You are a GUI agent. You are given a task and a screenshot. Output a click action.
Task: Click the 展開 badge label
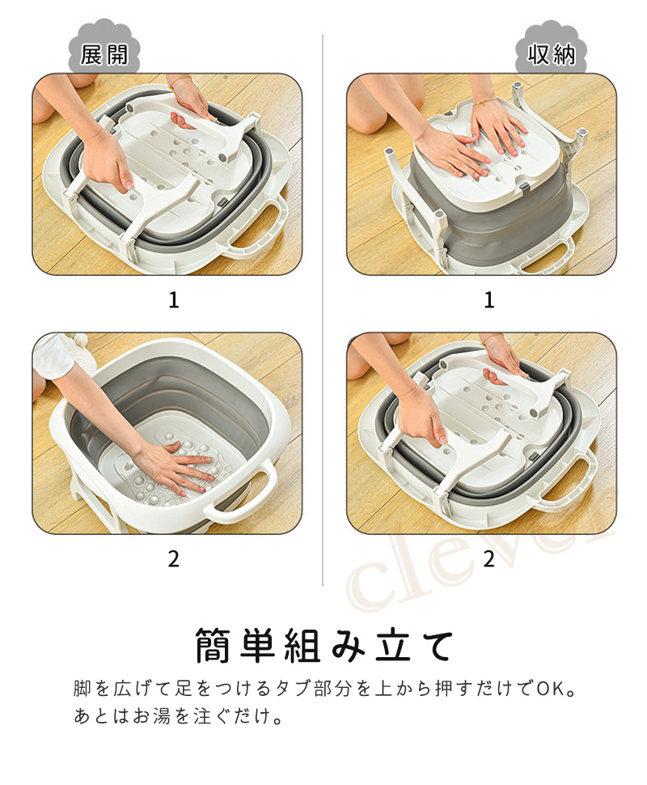pos(104,54)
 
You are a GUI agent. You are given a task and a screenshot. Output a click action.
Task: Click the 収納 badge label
pos(551,54)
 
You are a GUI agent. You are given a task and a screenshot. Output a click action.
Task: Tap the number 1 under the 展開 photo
pos(174,300)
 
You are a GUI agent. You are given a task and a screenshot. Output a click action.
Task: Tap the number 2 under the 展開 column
pos(174,559)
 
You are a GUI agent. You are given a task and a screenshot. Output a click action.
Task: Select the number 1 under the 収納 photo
pos(489,300)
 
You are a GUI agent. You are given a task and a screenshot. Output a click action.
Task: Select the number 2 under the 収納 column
pos(489,559)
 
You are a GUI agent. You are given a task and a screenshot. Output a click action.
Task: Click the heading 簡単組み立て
pos(324,646)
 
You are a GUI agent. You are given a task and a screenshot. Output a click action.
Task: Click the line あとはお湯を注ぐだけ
pos(179,716)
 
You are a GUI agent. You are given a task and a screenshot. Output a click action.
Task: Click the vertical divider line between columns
pos(323,311)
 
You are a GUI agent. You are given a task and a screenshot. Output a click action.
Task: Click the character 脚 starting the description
pos(82,689)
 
